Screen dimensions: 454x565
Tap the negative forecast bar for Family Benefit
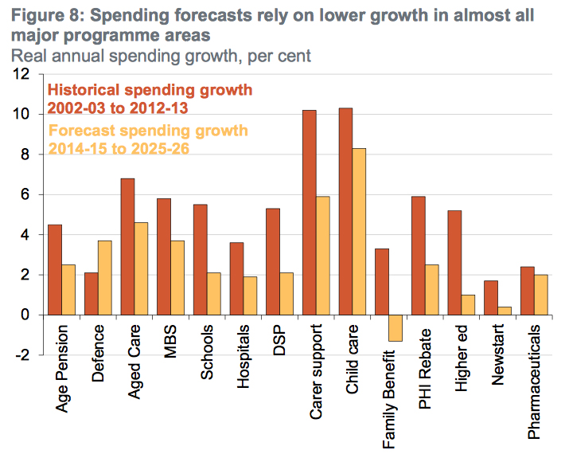tap(395, 328)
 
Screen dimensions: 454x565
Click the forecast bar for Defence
tap(104, 278)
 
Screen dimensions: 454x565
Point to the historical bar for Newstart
tap(491, 298)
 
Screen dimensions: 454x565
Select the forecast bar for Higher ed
tap(468, 305)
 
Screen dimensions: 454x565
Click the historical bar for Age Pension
tap(55, 270)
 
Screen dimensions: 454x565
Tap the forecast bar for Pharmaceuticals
tap(540, 295)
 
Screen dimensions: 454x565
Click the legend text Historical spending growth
tap(150, 90)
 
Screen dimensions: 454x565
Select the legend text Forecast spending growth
tap(148, 131)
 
